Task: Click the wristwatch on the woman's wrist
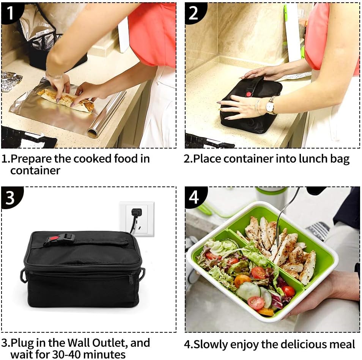pyautogui.click(x=270, y=106)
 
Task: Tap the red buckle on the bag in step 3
pyautogui.click(x=54, y=239)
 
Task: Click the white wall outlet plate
pyautogui.click(x=137, y=219)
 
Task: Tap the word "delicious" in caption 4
pyautogui.click(x=287, y=344)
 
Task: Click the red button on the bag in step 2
pyautogui.click(x=249, y=93)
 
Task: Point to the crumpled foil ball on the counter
pyautogui.click(x=11, y=81)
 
